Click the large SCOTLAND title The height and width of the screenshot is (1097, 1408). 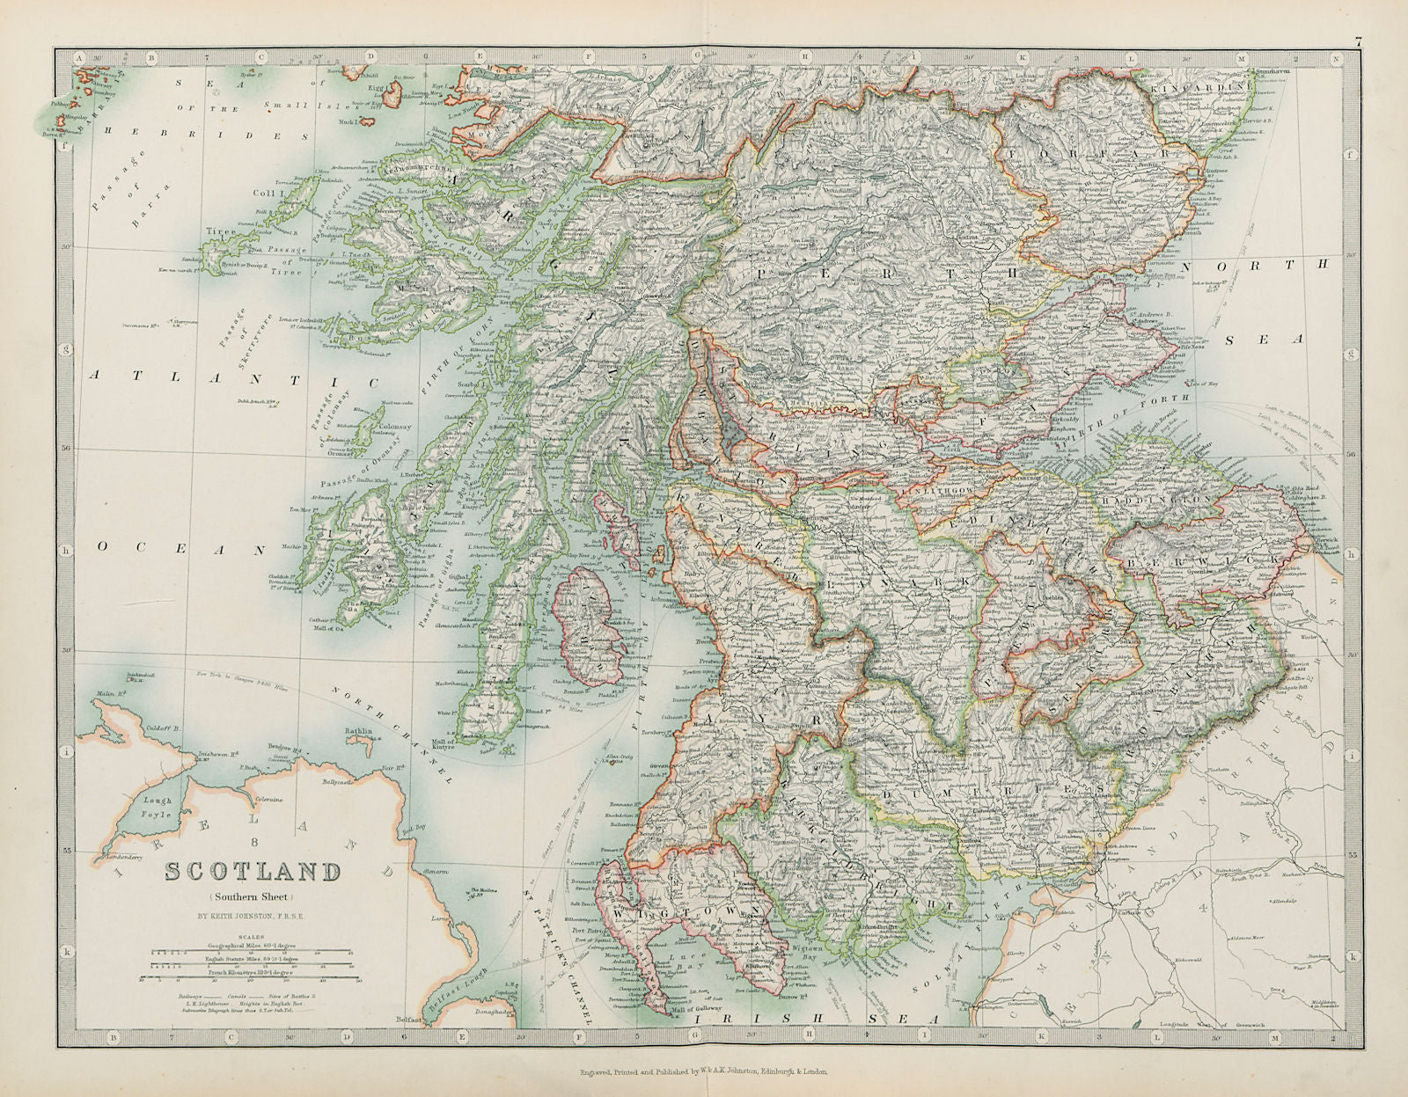click(x=253, y=873)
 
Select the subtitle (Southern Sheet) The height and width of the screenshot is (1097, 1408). click(x=253, y=896)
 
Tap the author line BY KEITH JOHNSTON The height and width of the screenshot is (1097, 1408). click(x=253, y=914)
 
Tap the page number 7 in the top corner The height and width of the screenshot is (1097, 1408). click(x=1358, y=40)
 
